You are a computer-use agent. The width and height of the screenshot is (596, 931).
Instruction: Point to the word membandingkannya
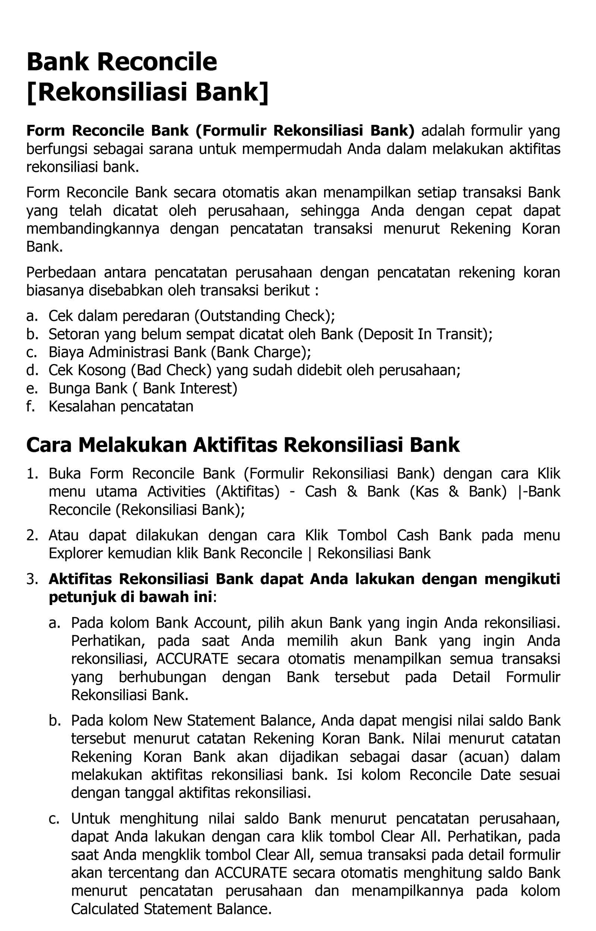[x=92, y=229]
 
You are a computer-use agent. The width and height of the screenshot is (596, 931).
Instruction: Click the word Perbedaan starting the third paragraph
[x=61, y=272]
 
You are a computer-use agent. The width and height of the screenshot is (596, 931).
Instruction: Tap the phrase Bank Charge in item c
[x=261, y=352]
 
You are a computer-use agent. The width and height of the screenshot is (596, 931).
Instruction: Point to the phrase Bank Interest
[x=190, y=388]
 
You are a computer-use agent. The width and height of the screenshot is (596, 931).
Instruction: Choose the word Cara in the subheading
[x=49, y=445]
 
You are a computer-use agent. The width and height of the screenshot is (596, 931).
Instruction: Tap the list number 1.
[x=31, y=474]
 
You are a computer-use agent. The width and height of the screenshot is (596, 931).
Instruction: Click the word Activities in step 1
[x=176, y=491]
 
